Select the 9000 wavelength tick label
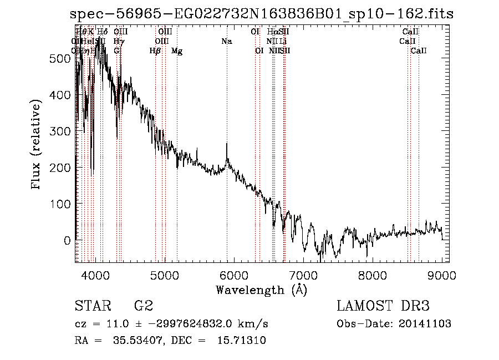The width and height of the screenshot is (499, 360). pyautogui.click(x=442, y=275)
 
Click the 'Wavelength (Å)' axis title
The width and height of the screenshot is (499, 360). pyautogui.click(x=261, y=290)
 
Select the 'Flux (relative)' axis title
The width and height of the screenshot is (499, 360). pyautogui.click(x=37, y=145)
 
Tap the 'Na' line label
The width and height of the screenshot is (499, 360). pyautogui.click(x=226, y=41)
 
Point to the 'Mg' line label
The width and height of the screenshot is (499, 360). pyautogui.click(x=177, y=51)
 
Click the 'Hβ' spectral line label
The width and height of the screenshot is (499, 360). pyautogui.click(x=155, y=51)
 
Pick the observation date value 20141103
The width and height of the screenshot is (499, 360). pyautogui.click(x=423, y=324)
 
